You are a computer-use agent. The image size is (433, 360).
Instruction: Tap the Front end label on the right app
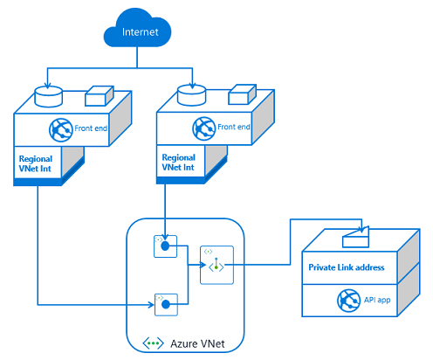point(233,128)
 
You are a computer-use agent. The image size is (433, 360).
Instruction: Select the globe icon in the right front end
point(203,128)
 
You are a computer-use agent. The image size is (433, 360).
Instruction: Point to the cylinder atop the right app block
point(189,91)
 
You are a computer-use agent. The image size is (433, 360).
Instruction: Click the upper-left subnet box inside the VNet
point(165,246)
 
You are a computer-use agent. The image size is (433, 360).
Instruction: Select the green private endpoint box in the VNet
point(216,263)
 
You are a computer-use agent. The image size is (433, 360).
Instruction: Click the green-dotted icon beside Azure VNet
point(154,344)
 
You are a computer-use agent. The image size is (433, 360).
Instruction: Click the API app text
point(377,300)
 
